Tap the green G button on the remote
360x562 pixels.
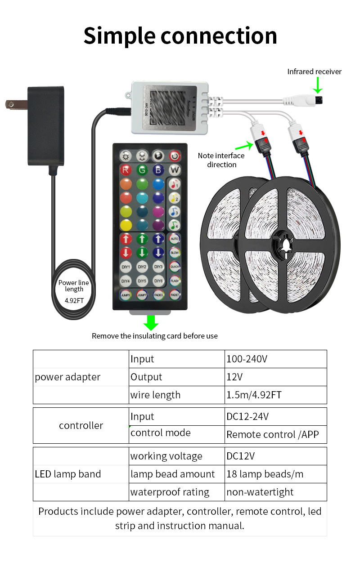click(x=142, y=170)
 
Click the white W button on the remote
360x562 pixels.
click(x=174, y=170)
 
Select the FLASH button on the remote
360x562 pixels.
click(x=174, y=281)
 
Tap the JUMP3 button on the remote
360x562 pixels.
click(x=126, y=294)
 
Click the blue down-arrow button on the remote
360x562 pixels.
click(x=158, y=252)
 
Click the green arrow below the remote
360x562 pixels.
click(x=151, y=322)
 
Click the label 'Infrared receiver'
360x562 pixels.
click(x=314, y=71)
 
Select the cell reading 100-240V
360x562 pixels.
click(x=275, y=359)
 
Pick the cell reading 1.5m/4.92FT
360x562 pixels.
click(x=275, y=395)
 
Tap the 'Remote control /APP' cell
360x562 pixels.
click(x=275, y=434)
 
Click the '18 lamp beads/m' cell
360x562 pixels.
click(x=275, y=474)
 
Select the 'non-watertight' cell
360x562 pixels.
click(x=275, y=492)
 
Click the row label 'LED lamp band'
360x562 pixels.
click(x=68, y=474)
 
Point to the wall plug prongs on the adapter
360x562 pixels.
click(x=13, y=104)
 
